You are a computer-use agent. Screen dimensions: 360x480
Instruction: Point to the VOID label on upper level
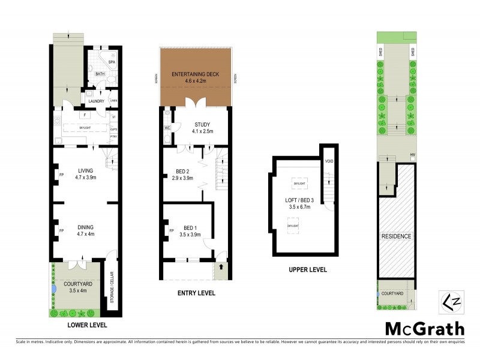tap(329, 161)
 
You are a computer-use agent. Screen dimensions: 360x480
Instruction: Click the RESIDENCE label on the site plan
tap(397, 236)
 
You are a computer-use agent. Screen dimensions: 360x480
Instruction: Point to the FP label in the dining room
tap(61, 230)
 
